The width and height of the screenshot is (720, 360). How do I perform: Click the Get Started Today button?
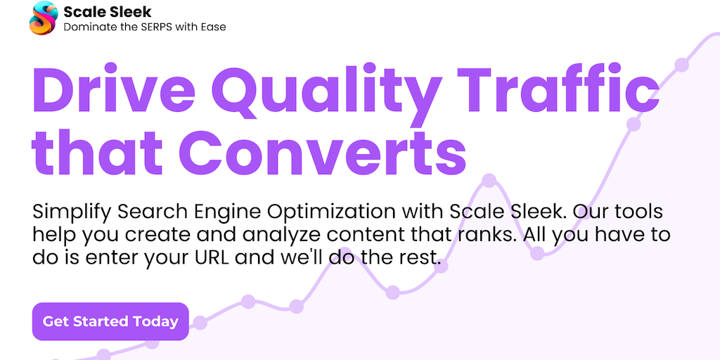[x=110, y=321]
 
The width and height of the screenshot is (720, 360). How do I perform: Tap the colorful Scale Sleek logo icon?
[x=44, y=18]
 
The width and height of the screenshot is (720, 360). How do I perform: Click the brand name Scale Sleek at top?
[x=108, y=11]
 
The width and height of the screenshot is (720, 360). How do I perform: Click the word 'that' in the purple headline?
[x=97, y=151]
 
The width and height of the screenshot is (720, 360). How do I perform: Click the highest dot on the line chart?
[x=682, y=65]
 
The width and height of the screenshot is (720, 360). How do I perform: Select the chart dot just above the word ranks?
[x=489, y=181]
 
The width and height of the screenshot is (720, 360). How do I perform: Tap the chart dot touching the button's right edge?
[x=200, y=323]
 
